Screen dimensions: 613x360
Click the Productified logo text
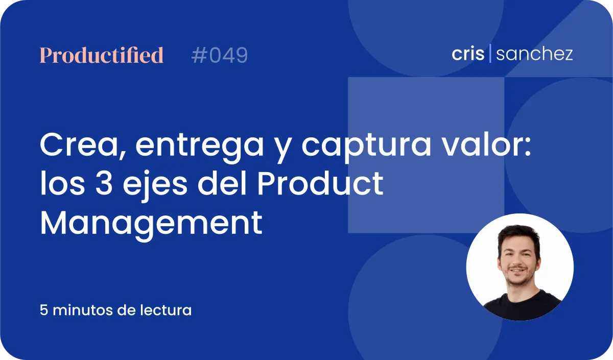point(102,55)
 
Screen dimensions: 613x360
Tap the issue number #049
point(220,55)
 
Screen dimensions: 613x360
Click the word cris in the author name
point(468,54)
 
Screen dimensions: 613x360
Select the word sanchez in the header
point(534,54)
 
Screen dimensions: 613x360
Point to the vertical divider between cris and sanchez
point(490,53)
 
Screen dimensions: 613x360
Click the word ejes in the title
point(155,186)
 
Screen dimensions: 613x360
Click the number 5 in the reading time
point(44,310)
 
